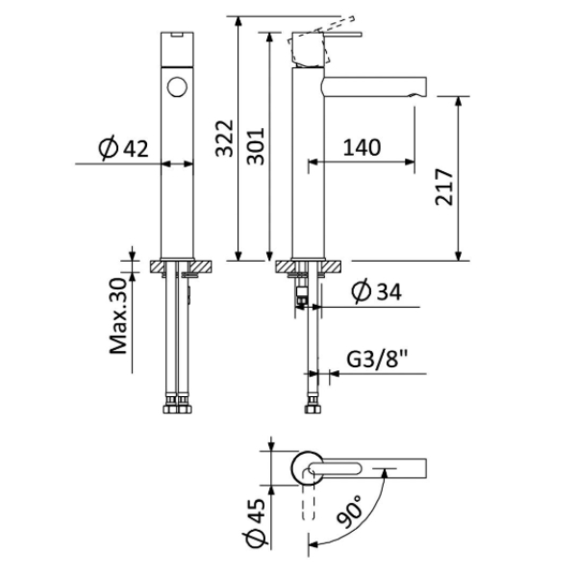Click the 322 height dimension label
pyautogui.click(x=224, y=138)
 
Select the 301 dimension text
pyautogui.click(x=256, y=146)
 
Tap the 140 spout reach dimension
pyautogui.click(x=363, y=147)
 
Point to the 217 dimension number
pyautogui.click(x=443, y=187)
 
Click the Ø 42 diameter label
pyautogui.click(x=123, y=148)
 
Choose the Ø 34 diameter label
pyautogui.click(x=376, y=291)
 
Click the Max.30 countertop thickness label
pyautogui.click(x=118, y=315)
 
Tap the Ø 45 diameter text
pyautogui.click(x=254, y=522)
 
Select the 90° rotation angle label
pyautogui.click(x=349, y=512)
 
